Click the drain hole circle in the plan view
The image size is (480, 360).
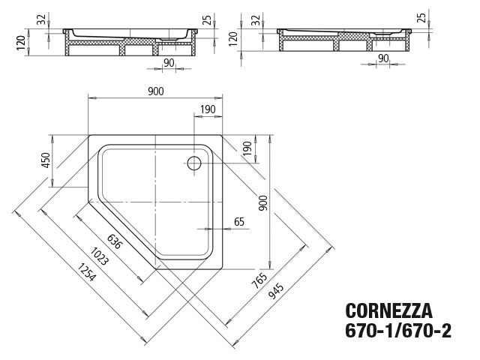tap(196, 161)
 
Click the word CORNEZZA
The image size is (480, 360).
tap(387, 309)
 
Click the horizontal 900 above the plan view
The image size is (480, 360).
tap(155, 91)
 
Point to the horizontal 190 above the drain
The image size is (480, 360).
tap(208, 109)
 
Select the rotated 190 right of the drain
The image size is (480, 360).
tap(247, 148)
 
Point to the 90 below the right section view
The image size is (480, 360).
tap(382, 58)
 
